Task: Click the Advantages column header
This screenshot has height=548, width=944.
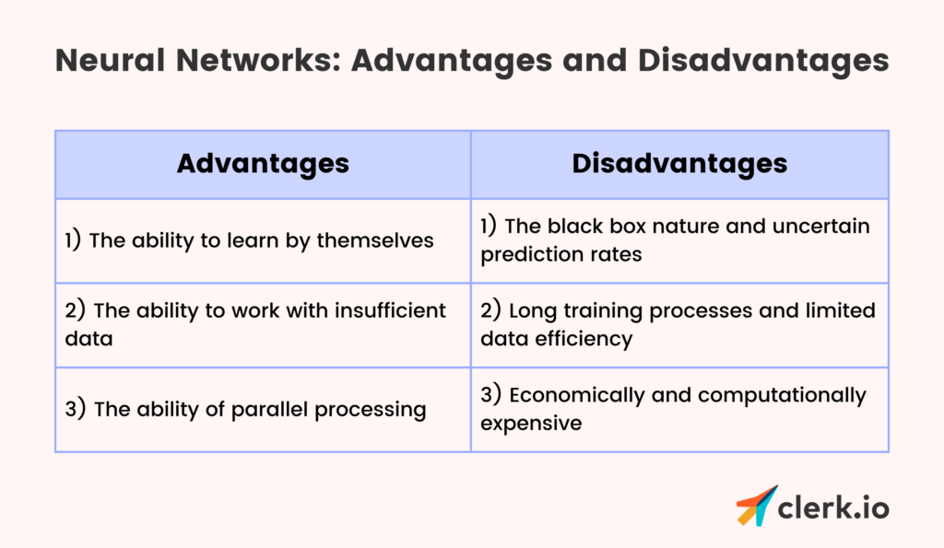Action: point(263,164)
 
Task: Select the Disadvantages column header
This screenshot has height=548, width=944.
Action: point(679,164)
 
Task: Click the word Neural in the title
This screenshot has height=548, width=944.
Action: point(111,60)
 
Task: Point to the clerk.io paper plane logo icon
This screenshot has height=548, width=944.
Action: point(756,506)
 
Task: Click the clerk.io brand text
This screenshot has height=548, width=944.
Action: point(833,507)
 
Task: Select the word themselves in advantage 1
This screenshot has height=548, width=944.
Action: point(375,240)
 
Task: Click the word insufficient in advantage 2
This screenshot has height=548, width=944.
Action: point(390,310)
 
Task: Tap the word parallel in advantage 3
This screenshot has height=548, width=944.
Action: point(270,410)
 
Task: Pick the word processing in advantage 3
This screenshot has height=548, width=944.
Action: point(371,410)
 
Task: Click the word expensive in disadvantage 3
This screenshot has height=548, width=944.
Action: point(531,424)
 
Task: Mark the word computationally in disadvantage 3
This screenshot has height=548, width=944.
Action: point(782,395)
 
